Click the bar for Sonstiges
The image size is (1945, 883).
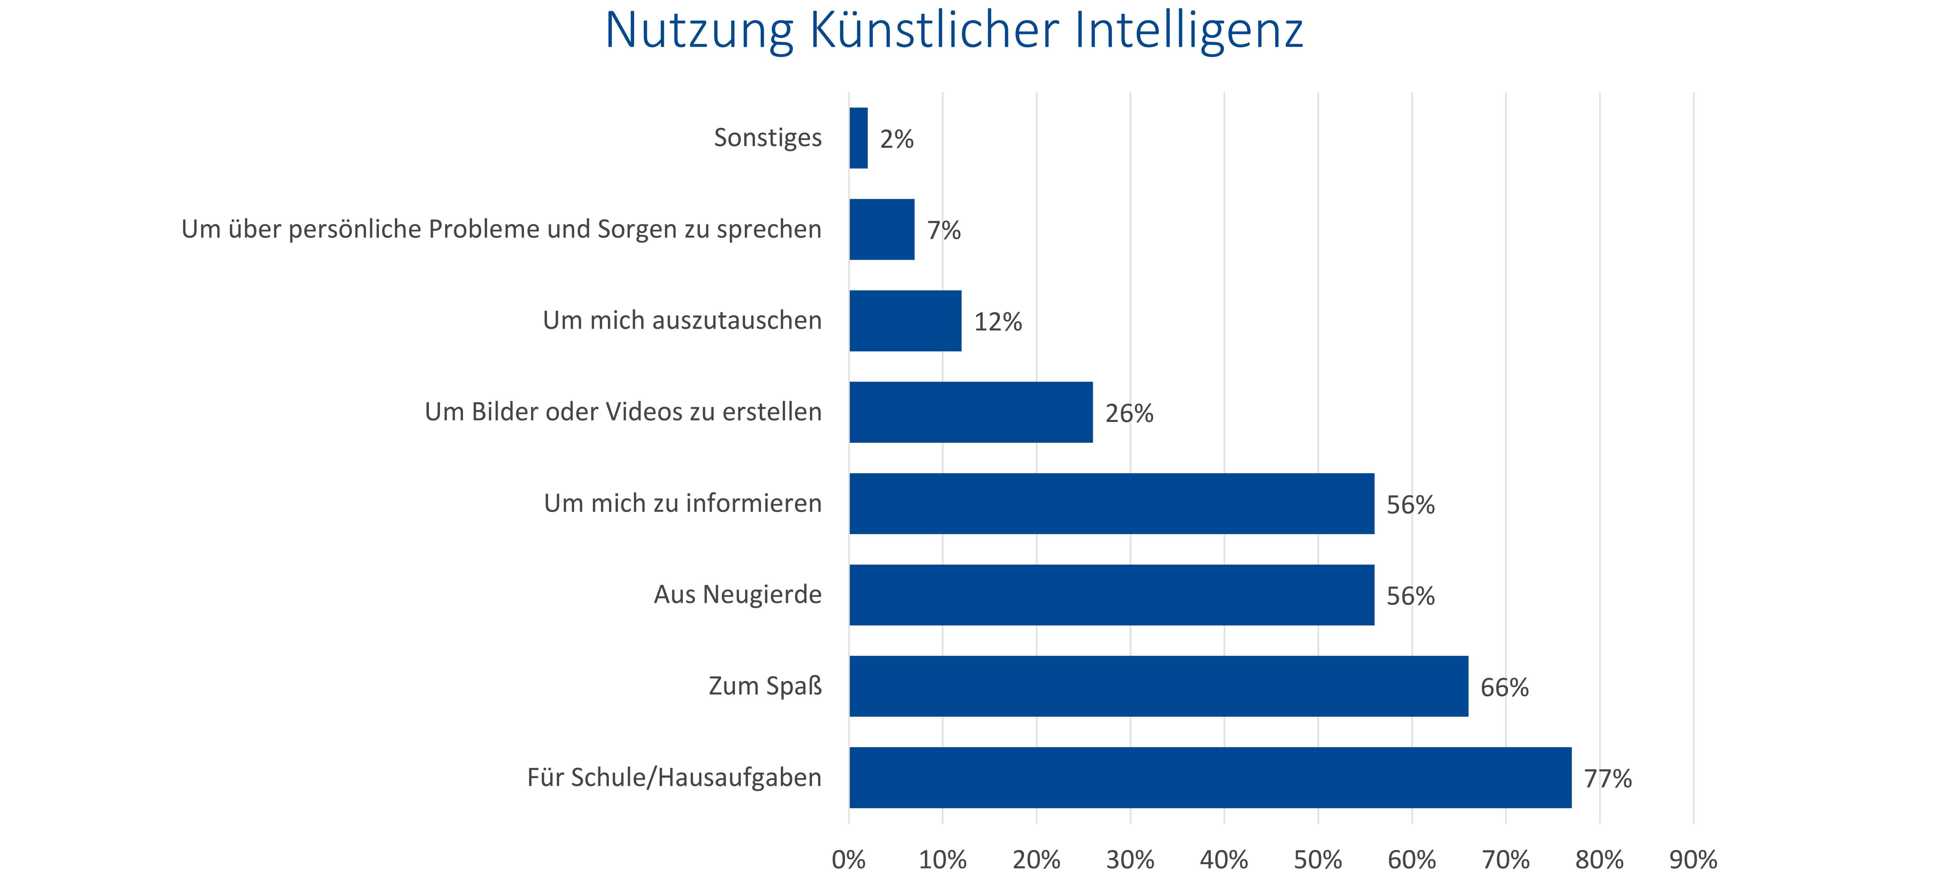[x=859, y=138]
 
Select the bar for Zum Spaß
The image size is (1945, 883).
[x=1159, y=686]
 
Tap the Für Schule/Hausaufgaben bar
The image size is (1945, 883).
[x=1210, y=777]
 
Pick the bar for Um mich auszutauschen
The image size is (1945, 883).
[x=905, y=321]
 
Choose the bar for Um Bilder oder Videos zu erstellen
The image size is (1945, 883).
[x=971, y=413]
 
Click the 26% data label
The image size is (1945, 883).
[x=1130, y=413]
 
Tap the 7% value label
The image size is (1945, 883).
[x=944, y=230]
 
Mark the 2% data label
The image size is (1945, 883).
[x=897, y=139]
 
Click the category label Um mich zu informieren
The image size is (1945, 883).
[x=683, y=503]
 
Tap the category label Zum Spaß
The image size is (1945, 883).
[x=765, y=686]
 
